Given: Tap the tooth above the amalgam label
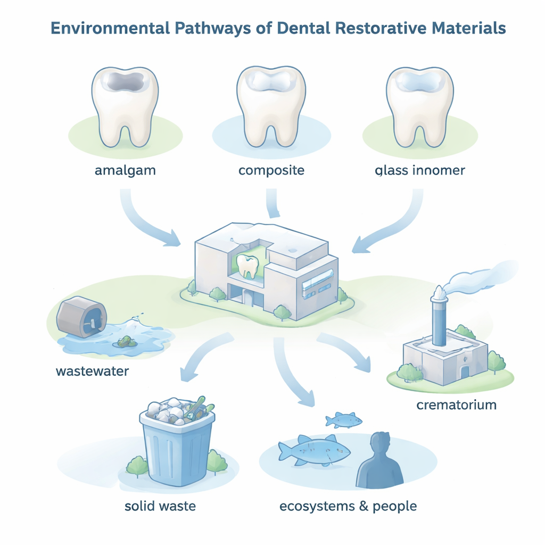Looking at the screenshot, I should click(126, 107).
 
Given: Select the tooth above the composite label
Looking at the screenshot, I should click(271, 107).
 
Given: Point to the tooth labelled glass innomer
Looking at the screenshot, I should click(419, 107).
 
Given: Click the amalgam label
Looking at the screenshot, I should click(126, 171).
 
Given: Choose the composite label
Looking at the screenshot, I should click(271, 171).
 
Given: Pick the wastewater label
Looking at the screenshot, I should click(92, 370).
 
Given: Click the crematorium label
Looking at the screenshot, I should click(456, 405).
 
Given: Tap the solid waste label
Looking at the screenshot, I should click(160, 506).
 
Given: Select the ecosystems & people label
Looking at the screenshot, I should click(348, 506).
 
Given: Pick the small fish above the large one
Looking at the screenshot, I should click(343, 420).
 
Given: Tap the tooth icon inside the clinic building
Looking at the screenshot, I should click(246, 266).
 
